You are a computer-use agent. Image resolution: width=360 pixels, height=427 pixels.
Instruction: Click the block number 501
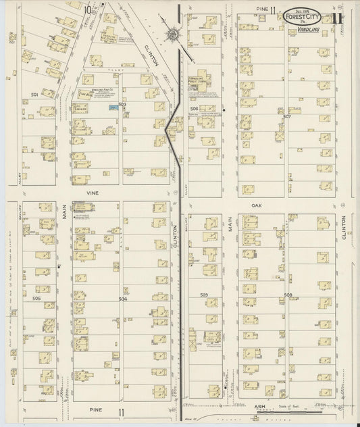coord(34,95)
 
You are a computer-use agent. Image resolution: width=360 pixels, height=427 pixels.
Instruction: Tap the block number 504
coord(123,298)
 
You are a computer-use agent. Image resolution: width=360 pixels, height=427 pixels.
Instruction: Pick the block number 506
coord(194,108)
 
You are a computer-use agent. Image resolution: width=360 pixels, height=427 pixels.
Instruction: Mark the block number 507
coord(287,116)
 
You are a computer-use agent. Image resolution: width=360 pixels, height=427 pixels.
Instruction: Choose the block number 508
coord(287,295)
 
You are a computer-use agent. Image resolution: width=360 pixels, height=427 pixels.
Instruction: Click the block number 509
coord(203,295)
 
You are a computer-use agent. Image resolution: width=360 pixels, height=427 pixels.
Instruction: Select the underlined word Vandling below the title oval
coord(308,31)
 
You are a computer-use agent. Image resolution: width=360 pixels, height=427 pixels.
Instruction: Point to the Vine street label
coord(92,193)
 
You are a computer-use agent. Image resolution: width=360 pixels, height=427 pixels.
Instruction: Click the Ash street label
coord(259,407)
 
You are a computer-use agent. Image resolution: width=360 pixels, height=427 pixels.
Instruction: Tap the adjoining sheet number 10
coord(88,9)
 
